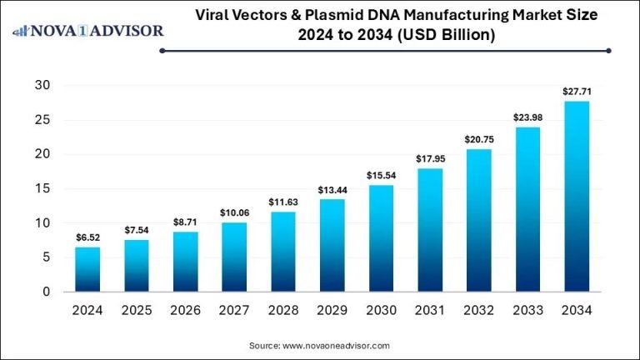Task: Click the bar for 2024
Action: (x=87, y=269)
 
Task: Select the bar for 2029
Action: (x=331, y=245)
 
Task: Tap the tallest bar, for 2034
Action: (x=576, y=196)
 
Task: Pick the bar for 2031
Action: (x=429, y=230)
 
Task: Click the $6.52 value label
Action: (x=87, y=237)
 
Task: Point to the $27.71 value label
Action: (x=576, y=91)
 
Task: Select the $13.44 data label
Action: (x=331, y=190)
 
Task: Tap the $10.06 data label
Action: (x=234, y=213)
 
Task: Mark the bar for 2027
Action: (x=234, y=257)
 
